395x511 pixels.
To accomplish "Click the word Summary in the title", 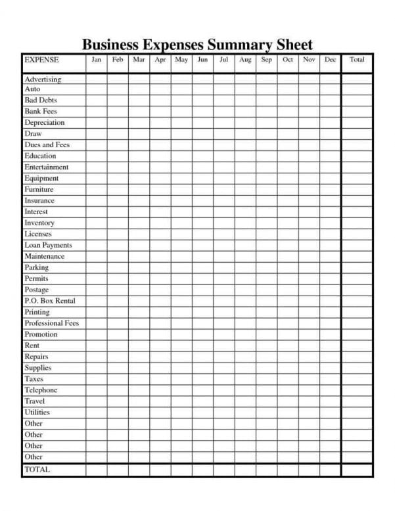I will pyautogui.click(x=229, y=45).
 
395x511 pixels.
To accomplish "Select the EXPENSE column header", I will pyautogui.click(x=41, y=60).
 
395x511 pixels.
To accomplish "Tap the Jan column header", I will pyautogui.click(x=96, y=60).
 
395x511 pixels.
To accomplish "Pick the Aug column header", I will pyautogui.click(x=245, y=60).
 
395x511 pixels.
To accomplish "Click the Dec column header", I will pyautogui.click(x=330, y=60).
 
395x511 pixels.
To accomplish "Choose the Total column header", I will pyautogui.click(x=357, y=60).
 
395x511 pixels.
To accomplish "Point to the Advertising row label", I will pyautogui.click(x=43, y=79).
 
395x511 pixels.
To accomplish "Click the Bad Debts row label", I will pyautogui.click(x=41, y=100).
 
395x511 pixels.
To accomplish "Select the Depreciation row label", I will pyautogui.click(x=45, y=123).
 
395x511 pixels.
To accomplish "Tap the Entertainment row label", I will pyautogui.click(x=46, y=167).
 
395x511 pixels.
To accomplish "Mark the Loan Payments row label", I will pyautogui.click(x=48, y=245).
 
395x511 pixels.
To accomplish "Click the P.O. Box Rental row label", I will pyautogui.click(x=50, y=301).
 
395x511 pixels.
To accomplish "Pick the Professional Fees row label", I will pyautogui.click(x=51, y=323).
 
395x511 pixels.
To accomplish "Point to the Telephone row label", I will pyautogui.click(x=41, y=390).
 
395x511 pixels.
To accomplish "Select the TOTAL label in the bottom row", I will pyautogui.click(x=37, y=470).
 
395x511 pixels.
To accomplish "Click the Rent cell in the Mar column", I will pyautogui.click(x=139, y=345).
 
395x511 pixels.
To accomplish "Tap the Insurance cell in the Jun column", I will pyautogui.click(x=202, y=201).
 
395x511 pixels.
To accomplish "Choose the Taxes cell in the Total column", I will pyautogui.click(x=357, y=379).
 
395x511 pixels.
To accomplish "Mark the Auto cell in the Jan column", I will pyautogui.click(x=96, y=89).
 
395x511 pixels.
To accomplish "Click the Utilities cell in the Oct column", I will pyautogui.click(x=287, y=412).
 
